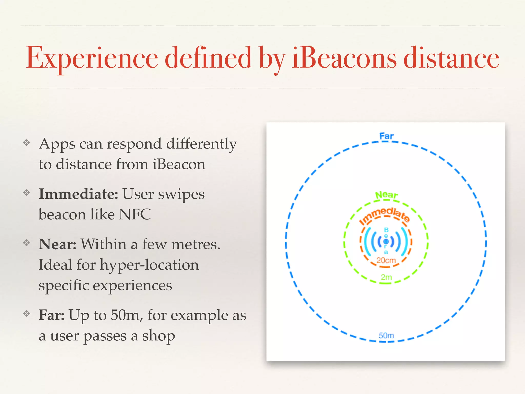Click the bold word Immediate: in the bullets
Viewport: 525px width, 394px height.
78,194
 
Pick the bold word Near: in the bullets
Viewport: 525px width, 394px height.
57,244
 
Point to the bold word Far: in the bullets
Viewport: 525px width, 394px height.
51,315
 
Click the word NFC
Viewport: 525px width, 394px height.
135,214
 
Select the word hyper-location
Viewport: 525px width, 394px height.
149,265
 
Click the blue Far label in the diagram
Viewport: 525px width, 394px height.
386,136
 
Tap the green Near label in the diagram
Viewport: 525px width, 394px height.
386,195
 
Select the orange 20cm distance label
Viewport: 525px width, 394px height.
386,261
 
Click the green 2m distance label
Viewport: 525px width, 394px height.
386,277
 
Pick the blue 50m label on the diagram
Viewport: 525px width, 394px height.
386,336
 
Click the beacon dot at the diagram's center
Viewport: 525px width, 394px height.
386,241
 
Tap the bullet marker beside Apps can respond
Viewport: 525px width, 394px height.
27,142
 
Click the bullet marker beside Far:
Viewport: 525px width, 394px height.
27,313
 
